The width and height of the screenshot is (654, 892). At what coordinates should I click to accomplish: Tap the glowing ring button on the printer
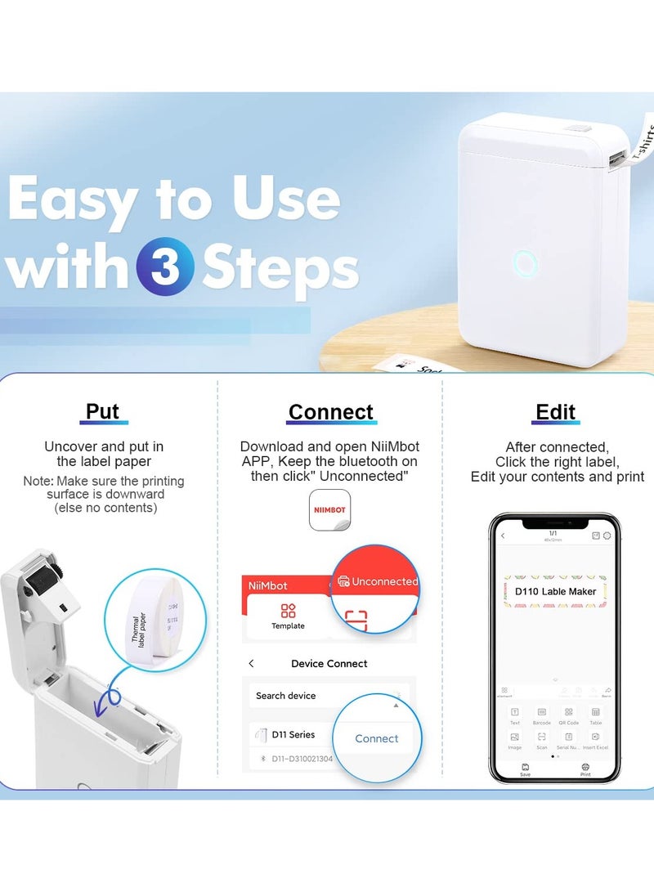526,263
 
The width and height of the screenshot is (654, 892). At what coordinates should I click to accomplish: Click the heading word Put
103,411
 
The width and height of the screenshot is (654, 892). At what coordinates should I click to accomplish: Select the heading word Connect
330,412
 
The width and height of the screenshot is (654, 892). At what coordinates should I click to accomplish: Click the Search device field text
285,696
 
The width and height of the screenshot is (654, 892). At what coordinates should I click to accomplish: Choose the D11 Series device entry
292,734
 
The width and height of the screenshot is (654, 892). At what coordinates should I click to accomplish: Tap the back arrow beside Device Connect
252,664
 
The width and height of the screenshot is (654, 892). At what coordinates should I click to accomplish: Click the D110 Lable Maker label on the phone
555,590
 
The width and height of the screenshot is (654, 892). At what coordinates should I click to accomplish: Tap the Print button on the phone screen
585,769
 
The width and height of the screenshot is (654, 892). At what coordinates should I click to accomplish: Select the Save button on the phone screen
525,769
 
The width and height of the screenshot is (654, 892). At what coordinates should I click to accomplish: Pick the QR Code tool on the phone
569,716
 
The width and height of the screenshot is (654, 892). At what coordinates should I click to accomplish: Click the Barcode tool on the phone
542,716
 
